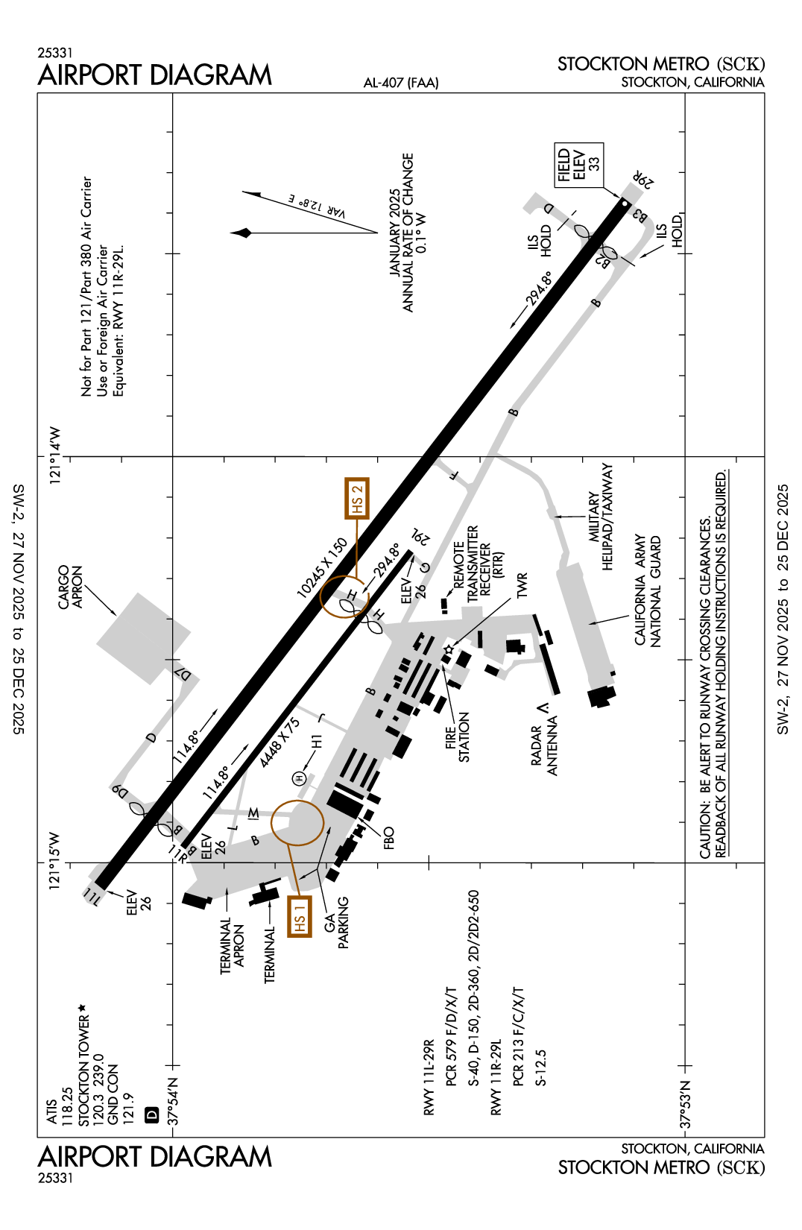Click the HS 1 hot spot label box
click(299, 915)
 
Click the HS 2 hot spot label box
click(357, 499)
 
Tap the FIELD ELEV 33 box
click(578, 165)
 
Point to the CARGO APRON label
click(71, 587)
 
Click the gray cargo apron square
click(144, 638)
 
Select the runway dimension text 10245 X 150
click(322, 568)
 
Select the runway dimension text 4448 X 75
click(280, 742)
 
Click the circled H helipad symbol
click(300, 778)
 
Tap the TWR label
click(522, 585)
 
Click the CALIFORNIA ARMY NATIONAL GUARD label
click(648, 590)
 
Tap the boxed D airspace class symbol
click(152, 1115)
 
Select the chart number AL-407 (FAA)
click(401, 83)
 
